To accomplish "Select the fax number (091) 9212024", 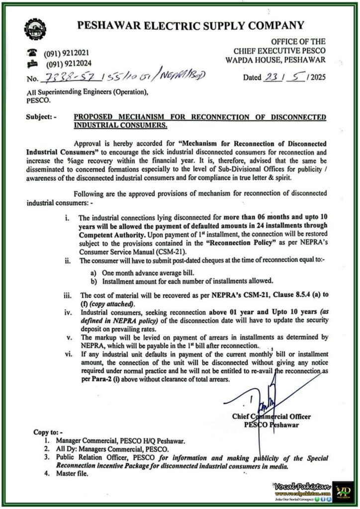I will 69,64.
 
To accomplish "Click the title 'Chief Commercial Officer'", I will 270,416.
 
